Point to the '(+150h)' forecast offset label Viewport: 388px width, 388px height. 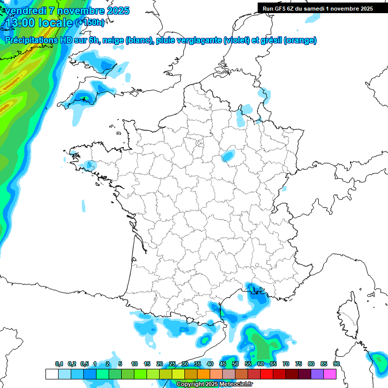coord(90,23)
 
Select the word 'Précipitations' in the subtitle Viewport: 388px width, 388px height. coord(31,40)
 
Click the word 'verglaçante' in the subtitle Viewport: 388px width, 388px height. coord(200,40)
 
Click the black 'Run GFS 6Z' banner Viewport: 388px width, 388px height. coord(318,8)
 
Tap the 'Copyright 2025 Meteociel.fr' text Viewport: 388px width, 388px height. coord(214,384)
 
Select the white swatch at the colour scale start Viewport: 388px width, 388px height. coord(52,374)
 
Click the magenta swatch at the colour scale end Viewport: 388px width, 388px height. coord(330,374)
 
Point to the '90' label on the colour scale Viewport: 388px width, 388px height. coord(336,364)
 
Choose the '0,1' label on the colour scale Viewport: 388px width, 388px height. coord(59,364)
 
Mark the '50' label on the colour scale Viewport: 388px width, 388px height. coord(235,364)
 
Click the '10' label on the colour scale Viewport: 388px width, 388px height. coord(134,364)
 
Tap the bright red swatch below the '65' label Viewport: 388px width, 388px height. coord(267,374)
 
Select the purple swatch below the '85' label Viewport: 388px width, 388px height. coord(317,374)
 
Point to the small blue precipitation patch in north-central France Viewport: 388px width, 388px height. coord(229,156)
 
